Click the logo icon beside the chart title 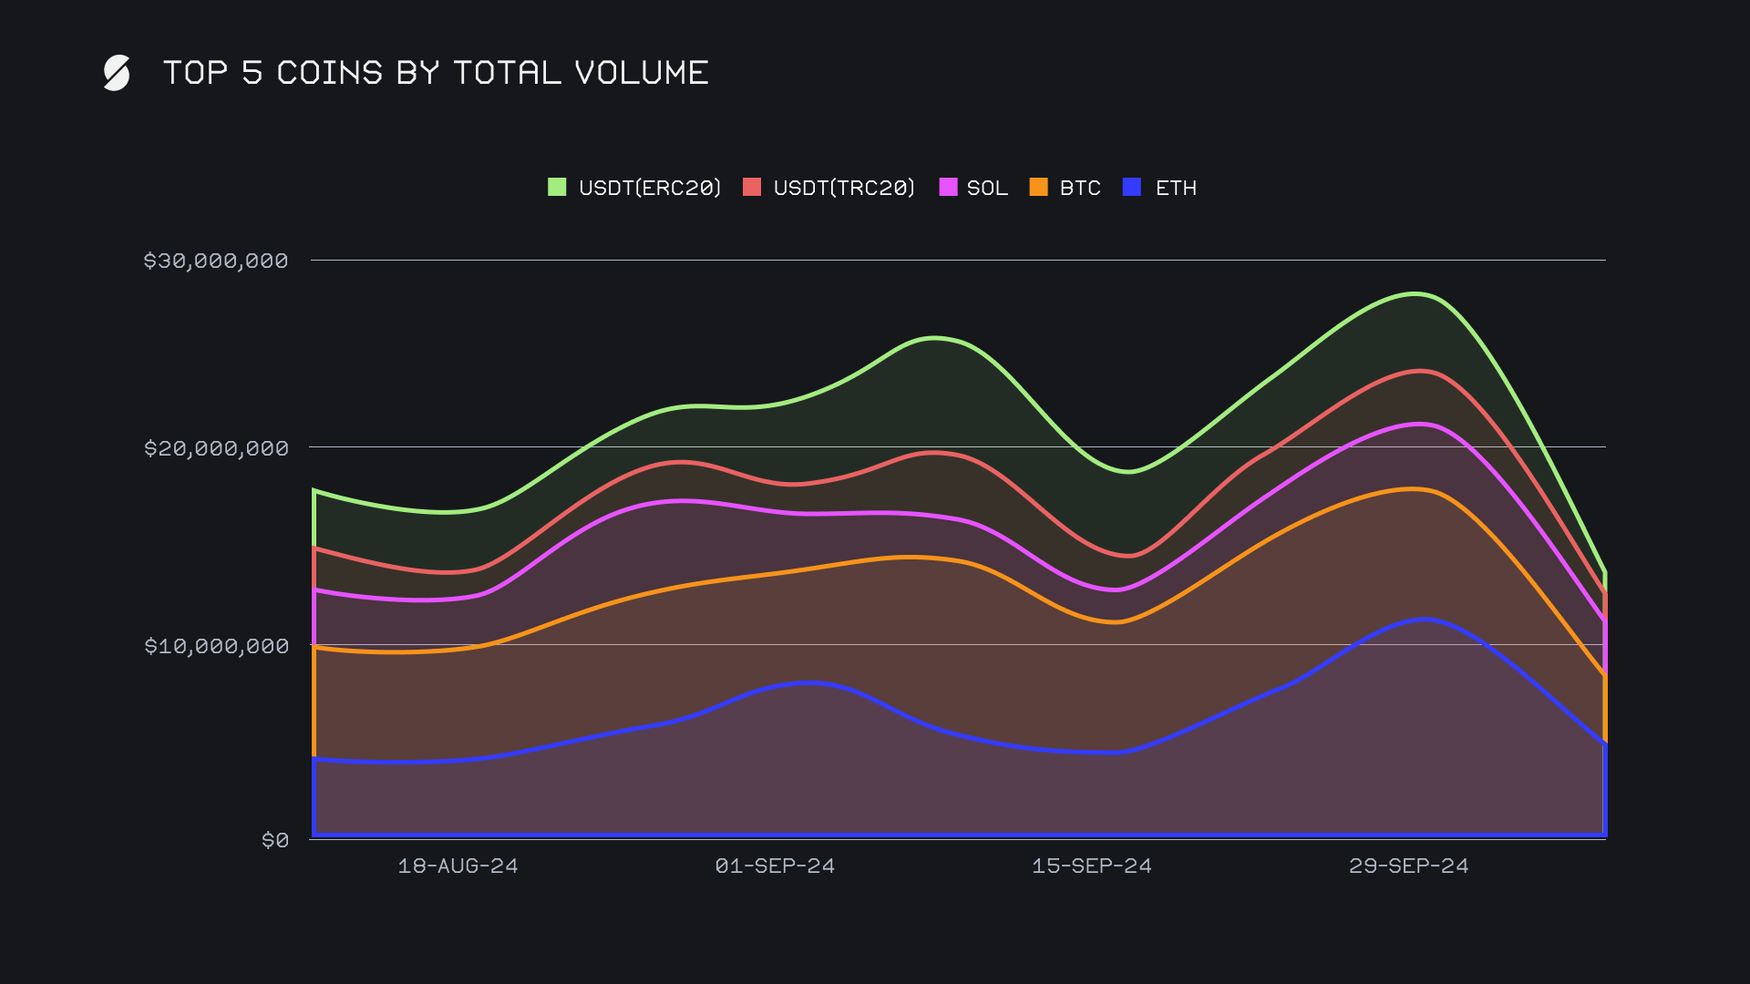coord(117,73)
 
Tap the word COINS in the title coord(329,73)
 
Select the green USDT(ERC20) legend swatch coord(557,188)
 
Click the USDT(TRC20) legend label coord(843,188)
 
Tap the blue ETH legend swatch coord(1132,188)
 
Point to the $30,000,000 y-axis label coord(216,261)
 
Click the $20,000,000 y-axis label coord(216,448)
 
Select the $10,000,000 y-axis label coord(216,646)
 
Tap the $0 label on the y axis coord(274,840)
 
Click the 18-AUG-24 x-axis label coord(458,866)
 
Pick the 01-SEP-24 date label coord(775,866)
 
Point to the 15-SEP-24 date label coord(1091,866)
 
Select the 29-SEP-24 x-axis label coord(1408,866)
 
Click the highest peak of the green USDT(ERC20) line coord(1415,293)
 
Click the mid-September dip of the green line coord(1128,471)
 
